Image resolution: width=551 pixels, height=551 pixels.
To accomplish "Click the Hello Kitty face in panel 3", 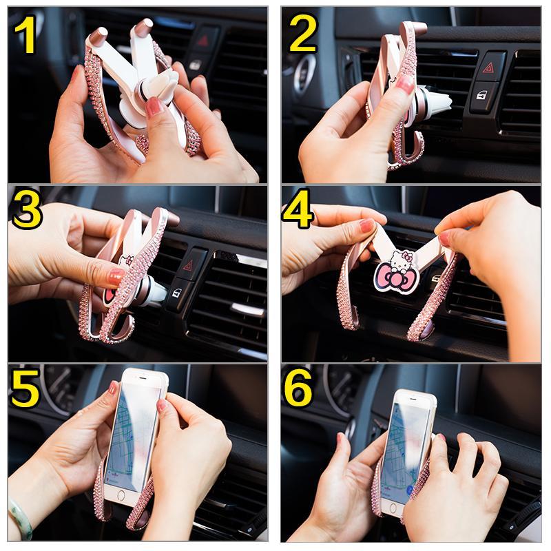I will tap(125, 265).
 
